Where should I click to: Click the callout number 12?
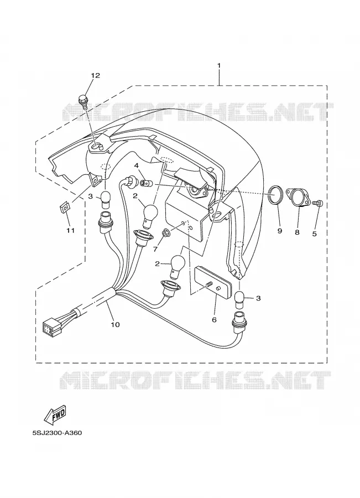click(x=95, y=75)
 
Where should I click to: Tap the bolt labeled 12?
click(x=83, y=101)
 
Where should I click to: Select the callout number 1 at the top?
click(x=219, y=65)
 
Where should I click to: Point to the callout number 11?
click(x=70, y=230)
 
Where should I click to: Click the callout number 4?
click(x=136, y=165)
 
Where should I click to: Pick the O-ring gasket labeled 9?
click(x=275, y=196)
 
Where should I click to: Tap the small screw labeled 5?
click(x=317, y=202)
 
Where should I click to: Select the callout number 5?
click(x=314, y=234)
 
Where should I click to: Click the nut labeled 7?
click(x=165, y=233)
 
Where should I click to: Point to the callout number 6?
click(x=214, y=319)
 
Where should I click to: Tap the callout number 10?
click(x=115, y=324)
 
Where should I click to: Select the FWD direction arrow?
click(x=55, y=415)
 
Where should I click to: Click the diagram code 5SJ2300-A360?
click(x=57, y=433)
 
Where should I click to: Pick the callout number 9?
click(x=280, y=231)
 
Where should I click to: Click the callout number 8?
click(x=297, y=232)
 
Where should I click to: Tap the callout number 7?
click(x=155, y=250)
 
